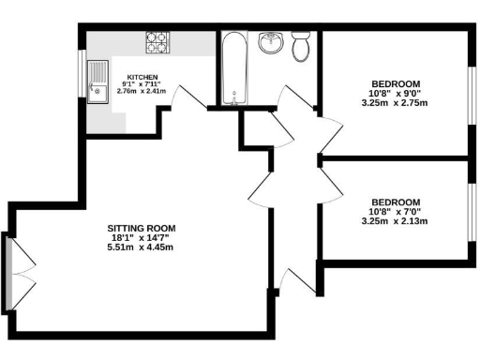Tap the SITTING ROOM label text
point(142,228)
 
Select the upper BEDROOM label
point(397,82)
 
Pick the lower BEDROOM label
point(397,202)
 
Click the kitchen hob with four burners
point(157,42)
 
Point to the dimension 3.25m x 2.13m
point(397,221)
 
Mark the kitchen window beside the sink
point(82,75)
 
